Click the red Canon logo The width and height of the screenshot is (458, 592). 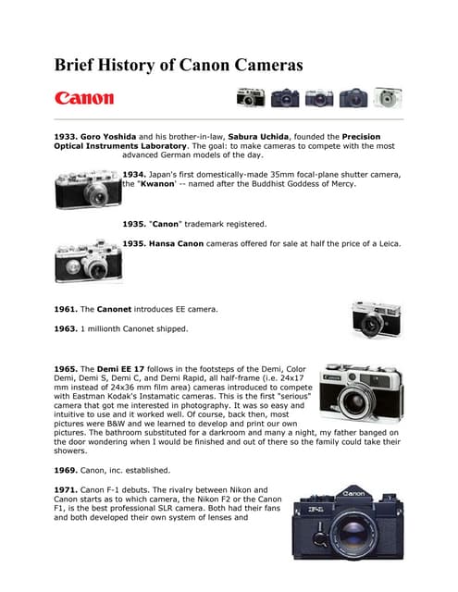pos(84,97)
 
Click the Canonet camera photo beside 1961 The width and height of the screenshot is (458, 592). pos(376,320)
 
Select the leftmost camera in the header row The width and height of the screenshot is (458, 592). pos(250,97)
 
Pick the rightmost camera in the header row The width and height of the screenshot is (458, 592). pos(388,97)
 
